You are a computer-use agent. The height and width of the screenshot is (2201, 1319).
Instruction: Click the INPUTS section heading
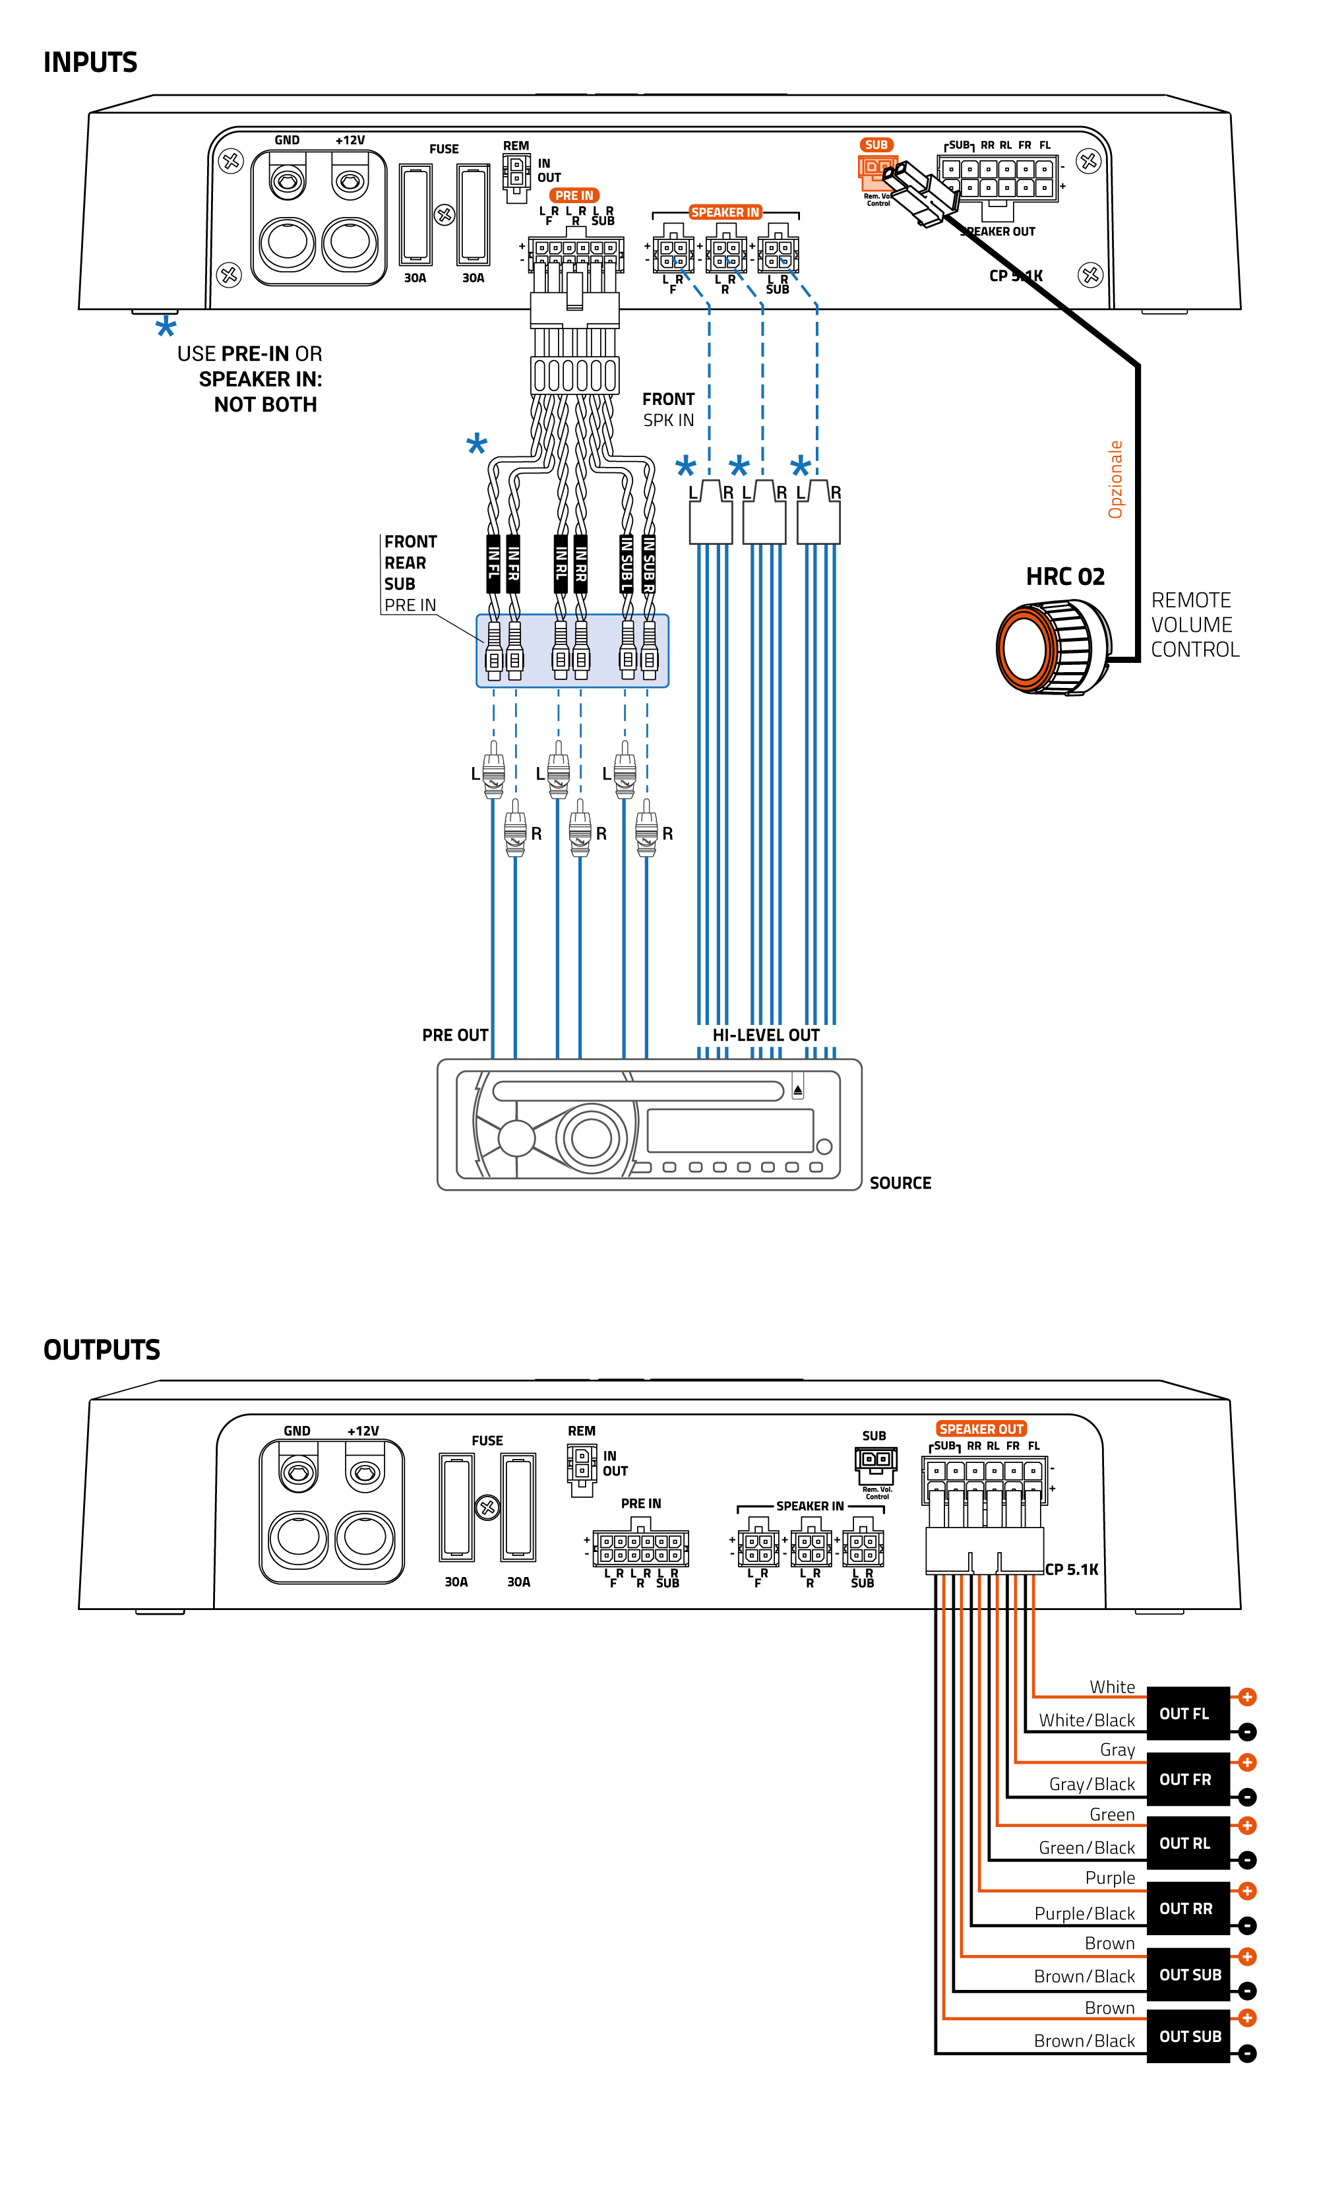[90, 62]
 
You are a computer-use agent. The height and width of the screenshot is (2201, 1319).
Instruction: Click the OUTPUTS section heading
[102, 1349]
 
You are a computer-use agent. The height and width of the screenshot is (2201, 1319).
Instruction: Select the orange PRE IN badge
[574, 195]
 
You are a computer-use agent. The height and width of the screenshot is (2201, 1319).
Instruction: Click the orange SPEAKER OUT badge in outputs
[981, 1429]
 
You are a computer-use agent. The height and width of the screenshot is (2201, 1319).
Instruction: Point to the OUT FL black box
[1186, 1713]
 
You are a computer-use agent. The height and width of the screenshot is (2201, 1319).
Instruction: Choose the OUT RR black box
[1186, 1909]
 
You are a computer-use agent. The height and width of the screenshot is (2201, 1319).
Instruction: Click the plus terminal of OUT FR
[1247, 1762]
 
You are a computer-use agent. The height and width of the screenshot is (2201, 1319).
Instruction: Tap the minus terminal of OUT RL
[1247, 1859]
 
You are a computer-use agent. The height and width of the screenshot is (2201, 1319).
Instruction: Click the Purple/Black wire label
[1084, 1913]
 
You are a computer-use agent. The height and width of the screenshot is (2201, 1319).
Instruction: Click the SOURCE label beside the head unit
[900, 1182]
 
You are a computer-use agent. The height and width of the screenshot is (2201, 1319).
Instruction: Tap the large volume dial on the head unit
[591, 1137]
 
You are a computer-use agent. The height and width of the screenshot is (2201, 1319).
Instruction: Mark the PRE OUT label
[454, 1035]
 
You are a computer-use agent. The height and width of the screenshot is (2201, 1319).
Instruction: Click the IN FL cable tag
[493, 563]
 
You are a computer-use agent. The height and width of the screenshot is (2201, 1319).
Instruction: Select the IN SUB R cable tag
[649, 563]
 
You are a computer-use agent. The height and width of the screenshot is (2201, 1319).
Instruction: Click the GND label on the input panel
[286, 140]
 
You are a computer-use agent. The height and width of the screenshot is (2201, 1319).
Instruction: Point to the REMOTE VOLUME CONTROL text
[1194, 625]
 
